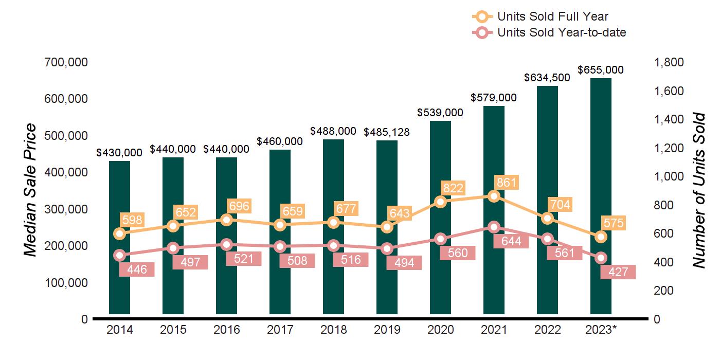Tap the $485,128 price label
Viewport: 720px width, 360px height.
click(x=387, y=132)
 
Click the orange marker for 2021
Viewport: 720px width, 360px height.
click(x=494, y=196)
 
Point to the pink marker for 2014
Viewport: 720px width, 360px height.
click(x=120, y=255)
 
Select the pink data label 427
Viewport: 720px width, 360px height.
click(x=618, y=272)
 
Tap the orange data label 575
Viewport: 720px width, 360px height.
click(x=614, y=223)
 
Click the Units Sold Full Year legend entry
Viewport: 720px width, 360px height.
click(x=552, y=17)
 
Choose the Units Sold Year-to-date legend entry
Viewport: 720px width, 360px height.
click(x=561, y=32)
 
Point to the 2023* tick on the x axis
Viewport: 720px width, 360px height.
click(x=601, y=330)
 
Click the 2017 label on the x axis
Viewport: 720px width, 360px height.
click(x=280, y=330)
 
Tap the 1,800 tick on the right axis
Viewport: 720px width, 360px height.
click(x=668, y=62)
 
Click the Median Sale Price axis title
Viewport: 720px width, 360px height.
click(x=30, y=190)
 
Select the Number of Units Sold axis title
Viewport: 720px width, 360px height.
click(x=698, y=190)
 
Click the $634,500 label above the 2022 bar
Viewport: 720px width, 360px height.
click(x=547, y=78)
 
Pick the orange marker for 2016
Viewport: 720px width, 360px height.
click(x=226, y=220)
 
